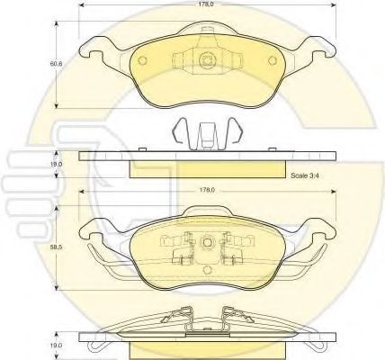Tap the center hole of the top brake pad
(x=209, y=61)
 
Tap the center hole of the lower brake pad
(x=209, y=242)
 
